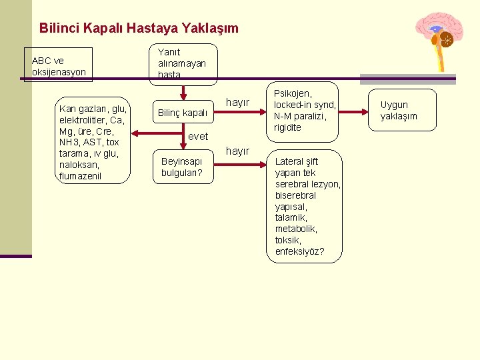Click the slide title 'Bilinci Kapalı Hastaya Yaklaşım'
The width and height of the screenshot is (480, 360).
pos(139,28)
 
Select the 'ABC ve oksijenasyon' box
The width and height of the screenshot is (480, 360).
pos(58,65)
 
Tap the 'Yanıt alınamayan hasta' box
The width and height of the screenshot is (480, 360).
pos(182,63)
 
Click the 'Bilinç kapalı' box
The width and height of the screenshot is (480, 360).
pos(181,113)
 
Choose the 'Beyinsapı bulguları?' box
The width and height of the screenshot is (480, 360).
pos(181,167)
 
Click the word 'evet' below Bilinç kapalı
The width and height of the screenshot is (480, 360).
pos(198,136)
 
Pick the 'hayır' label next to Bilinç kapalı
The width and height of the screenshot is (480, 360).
pos(238,102)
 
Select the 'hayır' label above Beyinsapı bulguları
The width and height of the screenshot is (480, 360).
pos(238,151)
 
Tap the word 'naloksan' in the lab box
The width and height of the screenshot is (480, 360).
pos(79,165)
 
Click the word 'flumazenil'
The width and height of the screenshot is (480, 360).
pos(80,176)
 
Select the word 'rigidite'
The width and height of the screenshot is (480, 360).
pos(288,127)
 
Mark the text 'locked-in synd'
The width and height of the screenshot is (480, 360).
pos(305,105)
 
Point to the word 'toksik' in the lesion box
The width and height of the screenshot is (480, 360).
pos(288,240)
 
